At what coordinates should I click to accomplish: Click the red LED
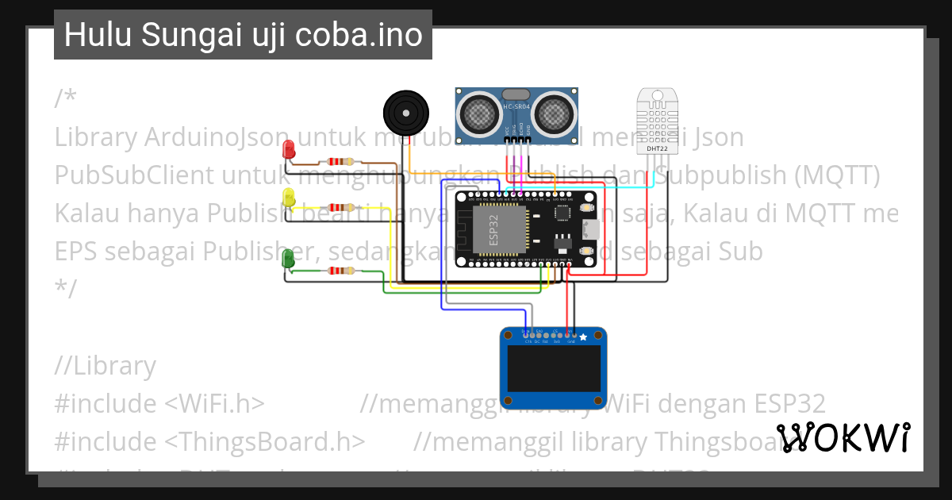coord(290,148)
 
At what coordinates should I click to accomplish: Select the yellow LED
coord(290,198)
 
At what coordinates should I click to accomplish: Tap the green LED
coord(290,258)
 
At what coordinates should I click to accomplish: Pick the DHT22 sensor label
coord(656,148)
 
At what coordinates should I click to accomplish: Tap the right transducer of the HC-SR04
coord(552,112)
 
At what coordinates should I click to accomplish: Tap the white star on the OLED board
coord(584,338)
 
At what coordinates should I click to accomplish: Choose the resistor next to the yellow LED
coord(341,208)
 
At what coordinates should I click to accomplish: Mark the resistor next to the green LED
coord(341,271)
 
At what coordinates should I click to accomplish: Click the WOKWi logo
coord(843,437)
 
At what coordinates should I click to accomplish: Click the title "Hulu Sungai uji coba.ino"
coord(243,35)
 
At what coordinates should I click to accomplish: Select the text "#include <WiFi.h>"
coord(159,403)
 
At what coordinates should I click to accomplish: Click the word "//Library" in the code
coord(106,366)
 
